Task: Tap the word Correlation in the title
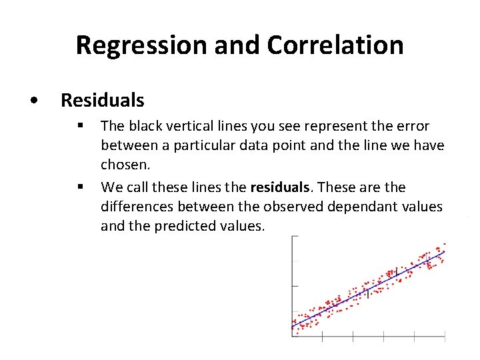(x=335, y=45)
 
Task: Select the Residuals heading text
(x=102, y=100)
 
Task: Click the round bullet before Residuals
(x=34, y=101)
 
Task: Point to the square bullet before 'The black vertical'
(x=79, y=125)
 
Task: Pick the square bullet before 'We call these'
(x=79, y=187)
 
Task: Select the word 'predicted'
(x=185, y=226)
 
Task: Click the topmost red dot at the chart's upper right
(x=445, y=244)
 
